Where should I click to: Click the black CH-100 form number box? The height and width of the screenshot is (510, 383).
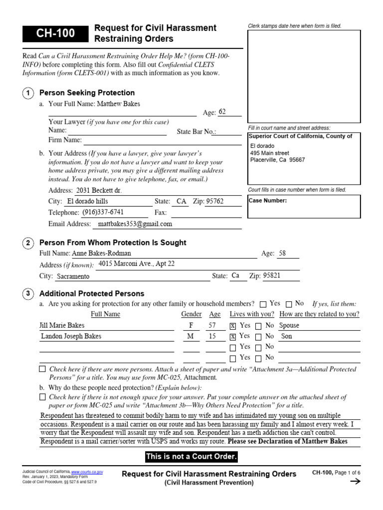tap(54, 34)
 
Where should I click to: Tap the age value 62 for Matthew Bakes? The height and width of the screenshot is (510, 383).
tap(222, 112)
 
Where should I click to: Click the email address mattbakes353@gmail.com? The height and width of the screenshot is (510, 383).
tap(135, 224)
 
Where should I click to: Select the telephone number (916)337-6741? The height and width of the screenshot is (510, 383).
tap(103, 212)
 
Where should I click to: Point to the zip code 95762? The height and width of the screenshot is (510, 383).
tap(215, 202)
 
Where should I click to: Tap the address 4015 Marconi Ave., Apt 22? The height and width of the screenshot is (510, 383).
tap(137, 264)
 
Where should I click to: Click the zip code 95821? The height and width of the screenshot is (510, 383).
tap(272, 275)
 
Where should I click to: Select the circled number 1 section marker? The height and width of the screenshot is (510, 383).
tap(29, 93)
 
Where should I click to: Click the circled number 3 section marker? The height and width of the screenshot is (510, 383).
tap(29, 294)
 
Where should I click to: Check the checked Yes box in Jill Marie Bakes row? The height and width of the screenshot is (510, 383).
tap(233, 326)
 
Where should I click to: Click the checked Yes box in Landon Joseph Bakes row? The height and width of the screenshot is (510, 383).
tap(233, 337)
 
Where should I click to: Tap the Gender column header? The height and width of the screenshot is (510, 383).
tap(191, 314)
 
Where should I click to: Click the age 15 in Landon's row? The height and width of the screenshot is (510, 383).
tap(212, 337)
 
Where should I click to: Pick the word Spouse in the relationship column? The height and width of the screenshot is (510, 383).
tap(290, 326)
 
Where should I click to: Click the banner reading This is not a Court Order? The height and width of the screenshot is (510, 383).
tap(191, 457)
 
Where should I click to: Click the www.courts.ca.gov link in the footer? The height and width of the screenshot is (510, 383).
tap(87, 471)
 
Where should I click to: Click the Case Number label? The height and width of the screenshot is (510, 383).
tap(268, 201)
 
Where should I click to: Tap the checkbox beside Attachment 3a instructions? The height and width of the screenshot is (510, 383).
tap(42, 370)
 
